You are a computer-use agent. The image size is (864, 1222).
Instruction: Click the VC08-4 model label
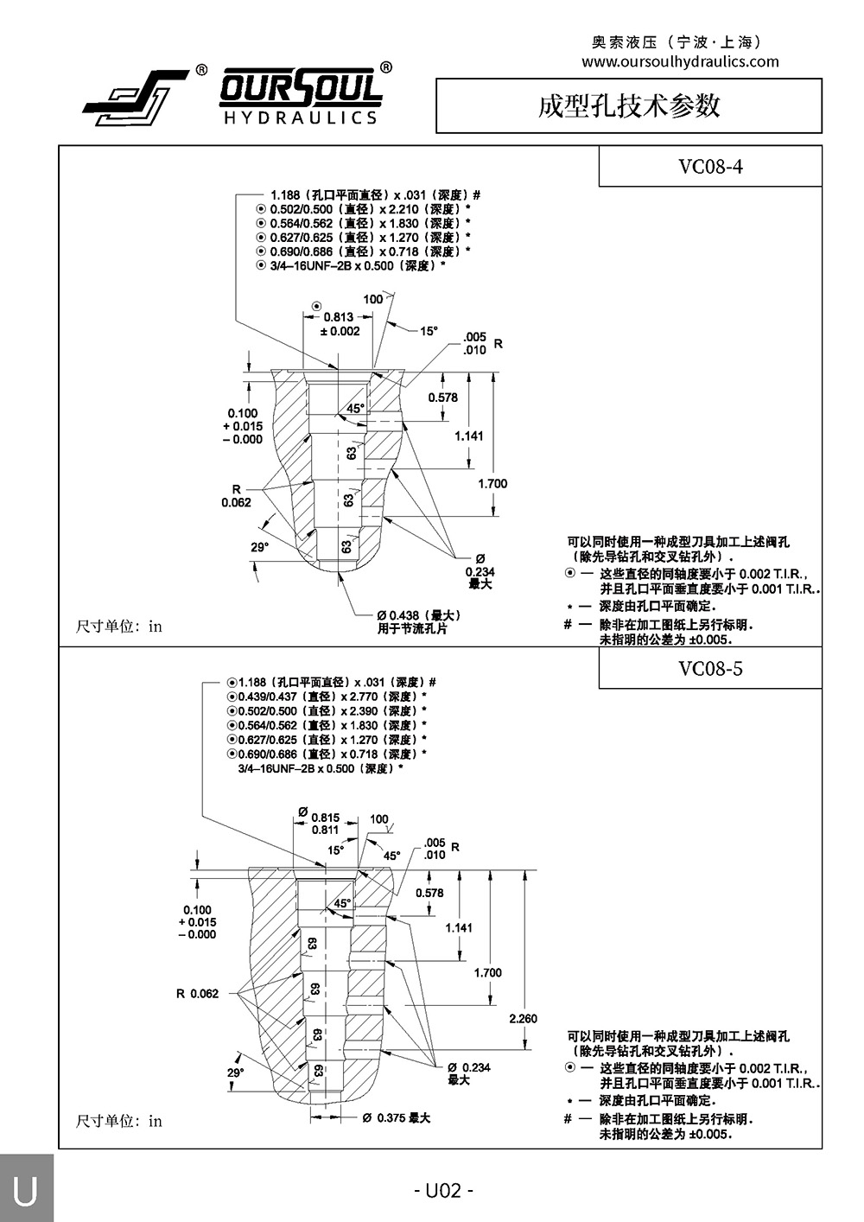coord(710,167)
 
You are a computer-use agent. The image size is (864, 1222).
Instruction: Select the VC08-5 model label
coord(710,668)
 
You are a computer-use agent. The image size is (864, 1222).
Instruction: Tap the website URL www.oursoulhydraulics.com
coord(680,61)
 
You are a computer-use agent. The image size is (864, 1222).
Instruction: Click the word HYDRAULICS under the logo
coord(300,118)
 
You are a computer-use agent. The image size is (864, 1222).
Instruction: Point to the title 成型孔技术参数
coord(628,105)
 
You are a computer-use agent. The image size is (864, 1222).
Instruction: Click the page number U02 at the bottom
coord(443,1191)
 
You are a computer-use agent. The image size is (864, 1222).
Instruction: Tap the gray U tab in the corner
coord(26,1190)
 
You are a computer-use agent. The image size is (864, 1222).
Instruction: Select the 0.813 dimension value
coord(339,317)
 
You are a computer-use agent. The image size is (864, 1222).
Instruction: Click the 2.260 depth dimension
coord(523,1018)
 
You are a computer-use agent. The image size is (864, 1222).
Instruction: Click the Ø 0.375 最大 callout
coord(397,1117)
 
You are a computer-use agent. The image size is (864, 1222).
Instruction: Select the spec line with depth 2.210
coord(363,209)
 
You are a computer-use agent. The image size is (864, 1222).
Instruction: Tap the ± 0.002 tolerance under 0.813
coord(340,332)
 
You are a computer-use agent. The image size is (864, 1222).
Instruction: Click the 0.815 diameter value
coord(325,817)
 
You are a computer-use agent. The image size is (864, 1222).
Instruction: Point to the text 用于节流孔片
coord(412,628)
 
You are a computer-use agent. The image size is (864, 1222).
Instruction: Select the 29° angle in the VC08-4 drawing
coord(260,547)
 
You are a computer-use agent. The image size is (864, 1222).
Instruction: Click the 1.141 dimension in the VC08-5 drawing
coord(459,927)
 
